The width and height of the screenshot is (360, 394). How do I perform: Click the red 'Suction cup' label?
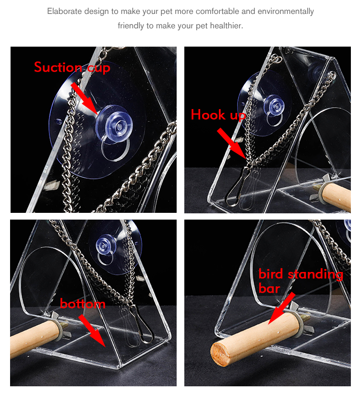click(x=72, y=68)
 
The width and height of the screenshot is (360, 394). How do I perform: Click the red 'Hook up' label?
click(x=218, y=115)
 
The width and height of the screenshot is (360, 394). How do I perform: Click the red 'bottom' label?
click(x=83, y=304)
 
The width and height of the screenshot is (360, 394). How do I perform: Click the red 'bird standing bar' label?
click(x=300, y=281)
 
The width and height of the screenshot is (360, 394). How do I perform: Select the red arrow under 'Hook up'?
click(x=233, y=144)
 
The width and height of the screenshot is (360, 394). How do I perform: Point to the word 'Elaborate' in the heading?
click(x=63, y=11)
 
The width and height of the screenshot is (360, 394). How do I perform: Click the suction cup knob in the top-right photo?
click(x=274, y=104)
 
